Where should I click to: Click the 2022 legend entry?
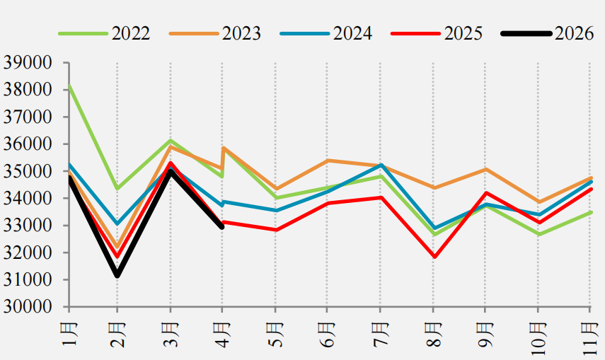click(104, 33)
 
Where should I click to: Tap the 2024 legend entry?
click(326, 33)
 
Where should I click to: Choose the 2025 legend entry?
click(437, 33)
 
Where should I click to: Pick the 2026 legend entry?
click(548, 33)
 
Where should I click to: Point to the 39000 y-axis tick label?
click(28, 62)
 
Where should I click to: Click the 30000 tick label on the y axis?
click(28, 307)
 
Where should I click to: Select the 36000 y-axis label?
click(28, 144)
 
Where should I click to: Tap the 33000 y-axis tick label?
click(28, 226)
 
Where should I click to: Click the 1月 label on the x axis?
click(69, 334)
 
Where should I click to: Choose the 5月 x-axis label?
click(275, 334)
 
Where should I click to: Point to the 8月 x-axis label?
click(433, 334)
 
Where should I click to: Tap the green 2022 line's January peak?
click(69, 86)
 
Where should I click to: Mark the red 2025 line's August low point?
click(434, 257)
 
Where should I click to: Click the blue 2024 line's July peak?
click(381, 165)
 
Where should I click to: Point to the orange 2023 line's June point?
click(328, 160)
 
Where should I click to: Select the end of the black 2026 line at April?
click(222, 227)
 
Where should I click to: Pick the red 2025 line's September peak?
click(486, 193)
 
